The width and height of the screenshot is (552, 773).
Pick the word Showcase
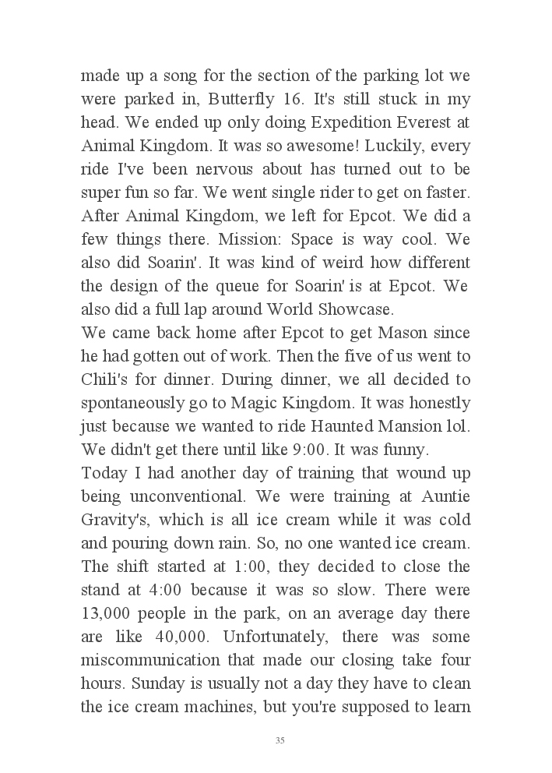coord(354,309)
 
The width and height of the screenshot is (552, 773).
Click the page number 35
coord(280,740)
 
